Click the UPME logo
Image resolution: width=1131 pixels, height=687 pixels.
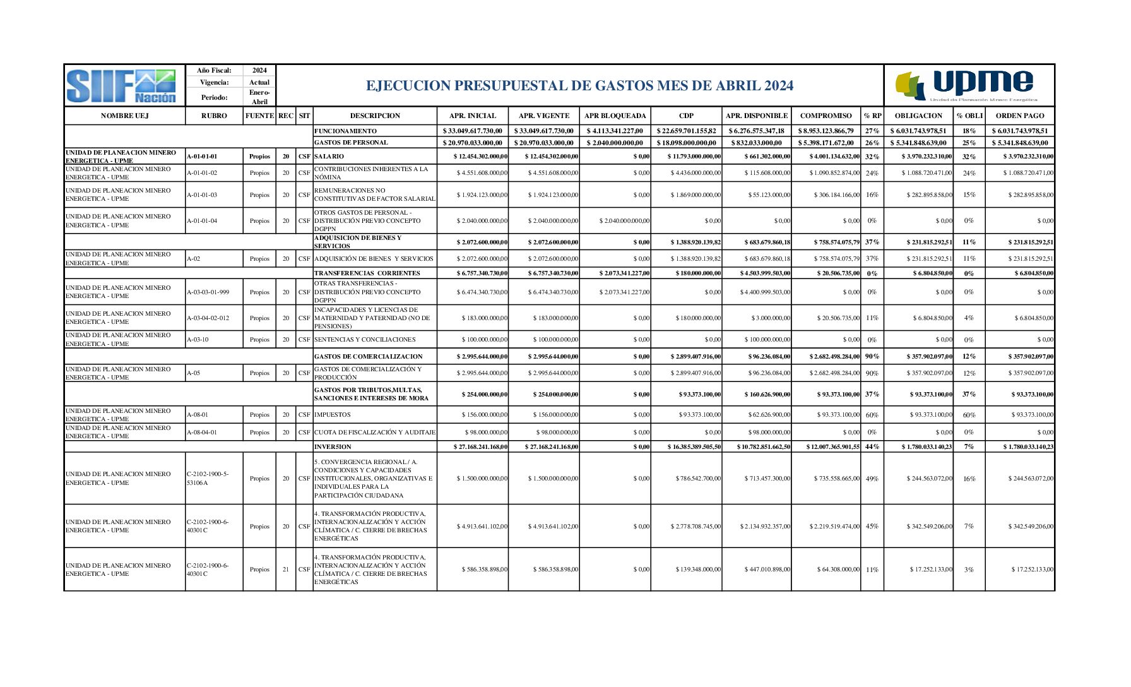point(969,86)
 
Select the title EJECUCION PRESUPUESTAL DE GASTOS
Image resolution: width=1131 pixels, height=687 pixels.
point(579,86)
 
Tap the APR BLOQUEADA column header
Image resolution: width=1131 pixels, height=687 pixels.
point(615,116)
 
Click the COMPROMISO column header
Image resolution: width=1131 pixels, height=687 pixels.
point(826,116)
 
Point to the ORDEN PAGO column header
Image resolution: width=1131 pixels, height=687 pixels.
point(1019,116)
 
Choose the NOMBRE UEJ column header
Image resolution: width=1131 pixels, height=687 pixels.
point(124,116)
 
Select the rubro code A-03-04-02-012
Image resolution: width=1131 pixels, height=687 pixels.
point(208,318)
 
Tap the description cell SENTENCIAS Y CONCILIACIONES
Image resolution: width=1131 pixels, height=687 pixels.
point(365,340)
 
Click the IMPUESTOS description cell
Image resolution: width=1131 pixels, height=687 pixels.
point(333,415)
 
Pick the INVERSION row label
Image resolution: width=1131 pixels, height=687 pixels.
point(333,446)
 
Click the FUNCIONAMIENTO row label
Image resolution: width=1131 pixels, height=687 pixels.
point(345,131)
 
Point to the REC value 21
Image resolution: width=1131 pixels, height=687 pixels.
point(286,570)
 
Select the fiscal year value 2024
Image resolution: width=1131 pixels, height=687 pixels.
point(259,71)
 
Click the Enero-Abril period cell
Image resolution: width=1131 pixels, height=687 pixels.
point(259,97)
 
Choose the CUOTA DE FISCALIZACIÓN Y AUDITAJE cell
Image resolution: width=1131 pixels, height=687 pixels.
point(375,433)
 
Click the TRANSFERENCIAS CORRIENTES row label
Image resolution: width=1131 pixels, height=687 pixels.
point(367,273)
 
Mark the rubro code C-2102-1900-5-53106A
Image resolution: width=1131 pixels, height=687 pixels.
point(208,479)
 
